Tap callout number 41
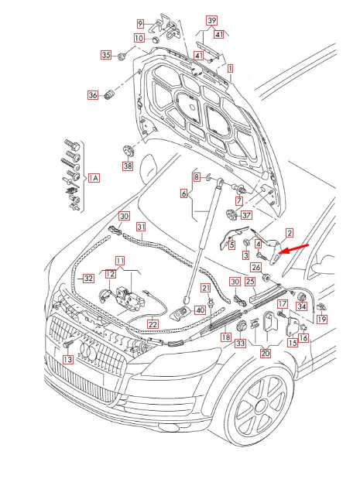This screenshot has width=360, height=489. (219, 35)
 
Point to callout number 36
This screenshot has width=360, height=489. (93, 96)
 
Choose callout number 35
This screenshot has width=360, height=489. (106, 55)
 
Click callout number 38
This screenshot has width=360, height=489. (128, 166)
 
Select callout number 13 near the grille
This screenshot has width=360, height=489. (67, 360)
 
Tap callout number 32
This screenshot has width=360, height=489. (89, 278)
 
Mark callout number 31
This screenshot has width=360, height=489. (141, 227)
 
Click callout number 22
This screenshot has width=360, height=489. (153, 323)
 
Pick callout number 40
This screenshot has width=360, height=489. (200, 309)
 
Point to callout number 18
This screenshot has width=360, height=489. (225, 337)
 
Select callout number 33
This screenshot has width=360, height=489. (241, 342)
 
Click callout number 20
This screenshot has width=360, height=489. (266, 353)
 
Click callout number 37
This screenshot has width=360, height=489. (246, 215)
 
